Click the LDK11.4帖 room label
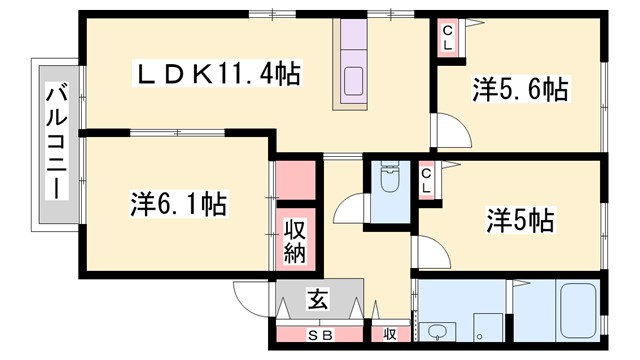(219, 73)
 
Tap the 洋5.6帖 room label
(519, 91)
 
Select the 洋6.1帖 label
(177, 205)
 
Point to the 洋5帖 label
(520, 218)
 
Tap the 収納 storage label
(295, 240)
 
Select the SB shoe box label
(319, 335)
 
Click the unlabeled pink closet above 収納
(295, 180)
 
